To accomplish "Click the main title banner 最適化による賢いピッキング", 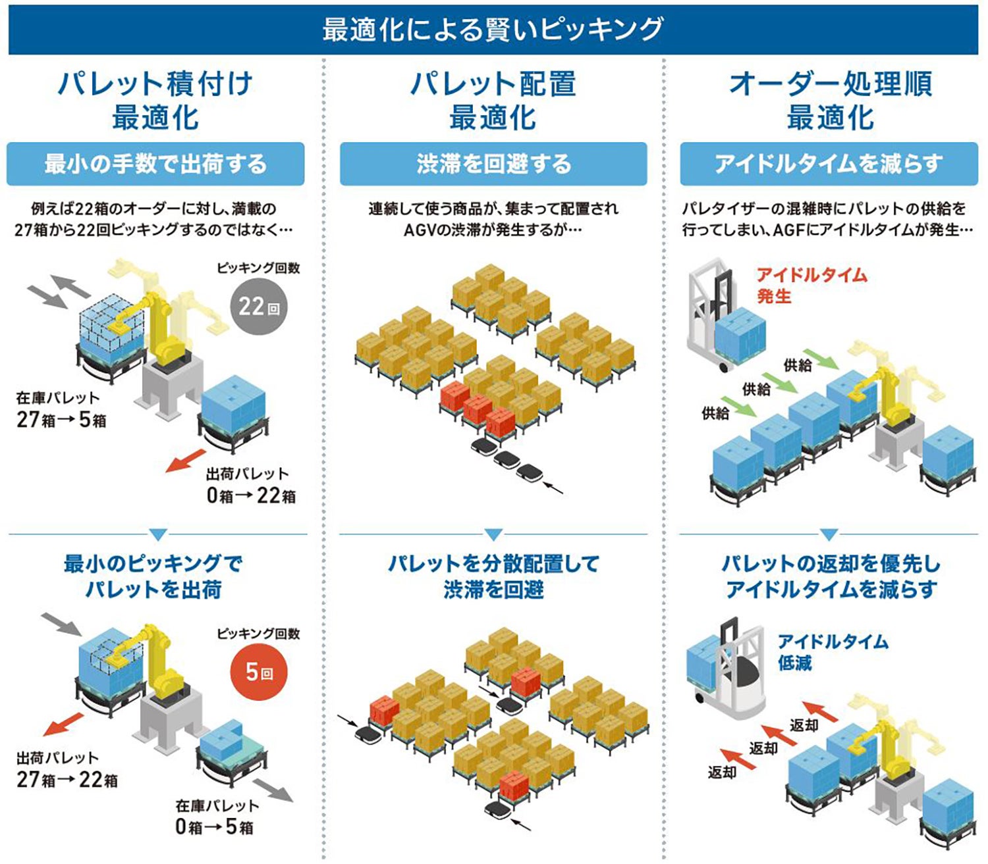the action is pyautogui.click(x=493, y=30).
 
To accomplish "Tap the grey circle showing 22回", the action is pyautogui.click(x=259, y=307).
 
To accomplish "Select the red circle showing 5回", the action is pyautogui.click(x=259, y=672).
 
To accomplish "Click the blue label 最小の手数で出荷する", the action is pyautogui.click(x=155, y=164).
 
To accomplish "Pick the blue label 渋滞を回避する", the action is pyautogui.click(x=493, y=164).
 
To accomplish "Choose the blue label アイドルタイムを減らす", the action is pyautogui.click(x=829, y=164).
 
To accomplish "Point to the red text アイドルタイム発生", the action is pyautogui.click(x=811, y=286).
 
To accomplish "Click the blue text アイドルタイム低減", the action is pyautogui.click(x=833, y=651).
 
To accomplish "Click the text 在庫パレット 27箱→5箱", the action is pyautogui.click(x=61, y=409).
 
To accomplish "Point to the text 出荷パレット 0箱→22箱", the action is pyautogui.click(x=250, y=485).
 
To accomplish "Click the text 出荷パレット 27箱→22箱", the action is pyautogui.click(x=67, y=769).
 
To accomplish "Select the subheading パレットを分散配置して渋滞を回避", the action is pyautogui.click(x=493, y=576).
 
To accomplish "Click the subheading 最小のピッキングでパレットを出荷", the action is pyautogui.click(x=153, y=576).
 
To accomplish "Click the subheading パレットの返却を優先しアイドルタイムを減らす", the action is pyautogui.click(x=831, y=576).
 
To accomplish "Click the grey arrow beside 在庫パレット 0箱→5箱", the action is pyautogui.click(x=273, y=790).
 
